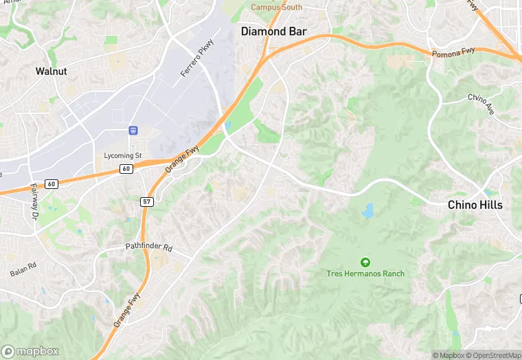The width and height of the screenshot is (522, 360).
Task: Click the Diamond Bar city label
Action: pos(273,32)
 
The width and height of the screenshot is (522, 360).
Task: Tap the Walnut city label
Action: pos(51,71)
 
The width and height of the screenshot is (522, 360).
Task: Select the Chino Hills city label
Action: pos(475,205)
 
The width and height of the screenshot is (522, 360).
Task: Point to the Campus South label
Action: pos(276,8)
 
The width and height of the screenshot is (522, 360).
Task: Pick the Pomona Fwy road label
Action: pos(453,52)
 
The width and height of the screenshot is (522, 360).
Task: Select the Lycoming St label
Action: pos(122,156)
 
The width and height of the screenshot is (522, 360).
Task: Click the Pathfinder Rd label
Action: pos(149,246)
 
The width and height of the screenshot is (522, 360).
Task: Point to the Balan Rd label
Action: pos(23,270)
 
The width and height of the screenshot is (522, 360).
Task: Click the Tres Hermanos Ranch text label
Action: pos(365,273)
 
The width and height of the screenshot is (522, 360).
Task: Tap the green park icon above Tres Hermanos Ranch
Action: pos(365,262)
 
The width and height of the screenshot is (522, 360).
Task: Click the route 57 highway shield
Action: pos(146,201)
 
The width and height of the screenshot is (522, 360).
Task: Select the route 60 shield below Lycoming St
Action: pos(126,169)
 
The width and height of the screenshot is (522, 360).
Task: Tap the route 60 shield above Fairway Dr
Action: pos(52,184)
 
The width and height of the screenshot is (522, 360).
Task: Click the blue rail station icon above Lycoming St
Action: pos(133,130)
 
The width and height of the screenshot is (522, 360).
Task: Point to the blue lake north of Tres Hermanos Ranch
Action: pos(368,210)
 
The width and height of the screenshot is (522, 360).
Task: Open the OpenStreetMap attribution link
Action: pos(493,355)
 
